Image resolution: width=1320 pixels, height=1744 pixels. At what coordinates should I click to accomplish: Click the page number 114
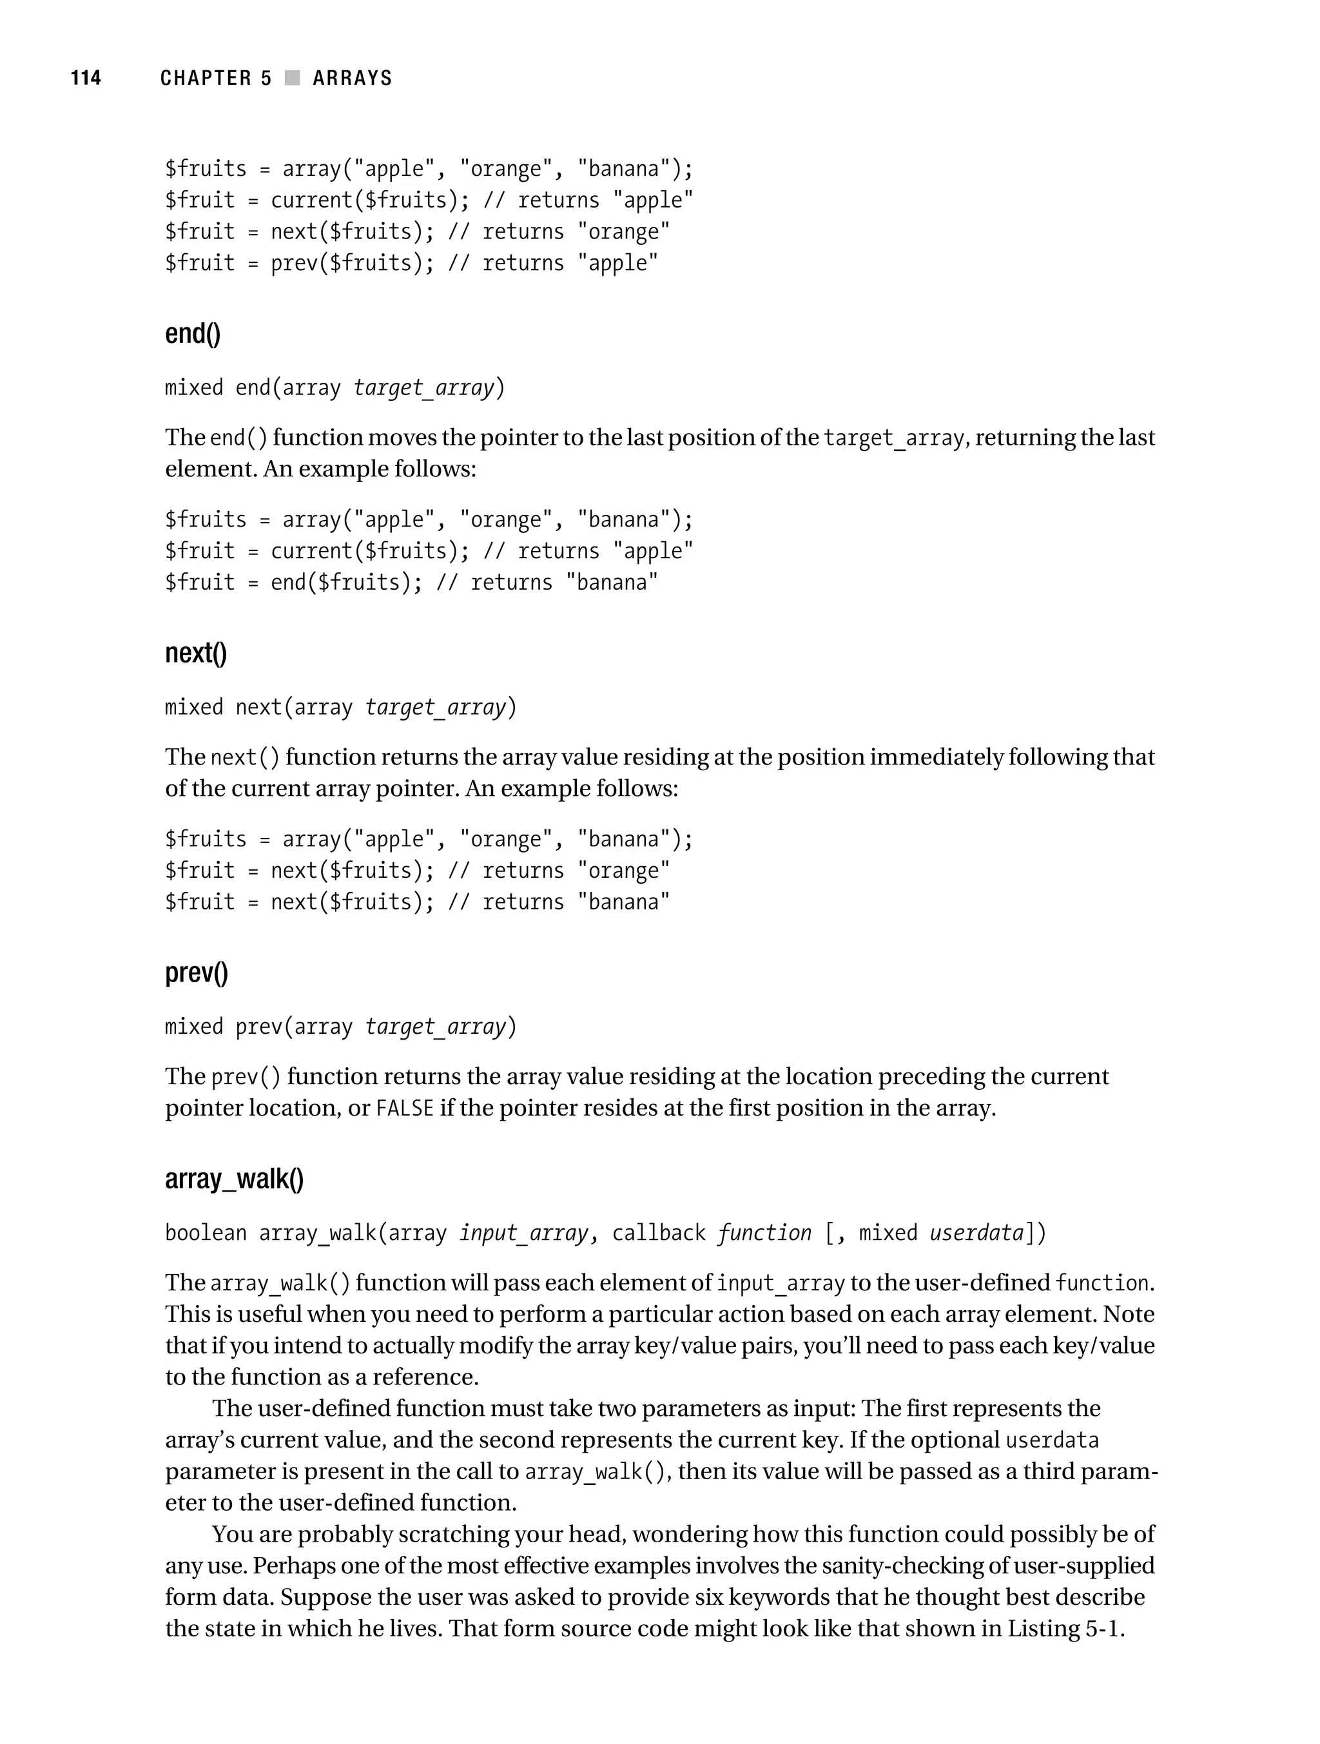tap(86, 78)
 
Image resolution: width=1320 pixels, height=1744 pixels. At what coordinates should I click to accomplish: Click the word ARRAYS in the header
tap(352, 78)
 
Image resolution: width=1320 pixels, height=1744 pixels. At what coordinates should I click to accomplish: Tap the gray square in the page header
tap(293, 78)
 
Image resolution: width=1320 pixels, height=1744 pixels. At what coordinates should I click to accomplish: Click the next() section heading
tap(195, 653)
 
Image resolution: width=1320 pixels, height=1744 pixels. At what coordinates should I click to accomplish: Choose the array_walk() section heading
tap(234, 1179)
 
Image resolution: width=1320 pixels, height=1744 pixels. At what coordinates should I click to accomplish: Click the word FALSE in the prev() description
tap(405, 1108)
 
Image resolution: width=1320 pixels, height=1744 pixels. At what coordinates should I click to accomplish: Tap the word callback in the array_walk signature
tap(659, 1232)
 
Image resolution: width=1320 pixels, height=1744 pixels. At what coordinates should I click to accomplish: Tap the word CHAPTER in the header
tap(205, 78)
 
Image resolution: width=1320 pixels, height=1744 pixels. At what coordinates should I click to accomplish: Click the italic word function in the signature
tap(764, 1232)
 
